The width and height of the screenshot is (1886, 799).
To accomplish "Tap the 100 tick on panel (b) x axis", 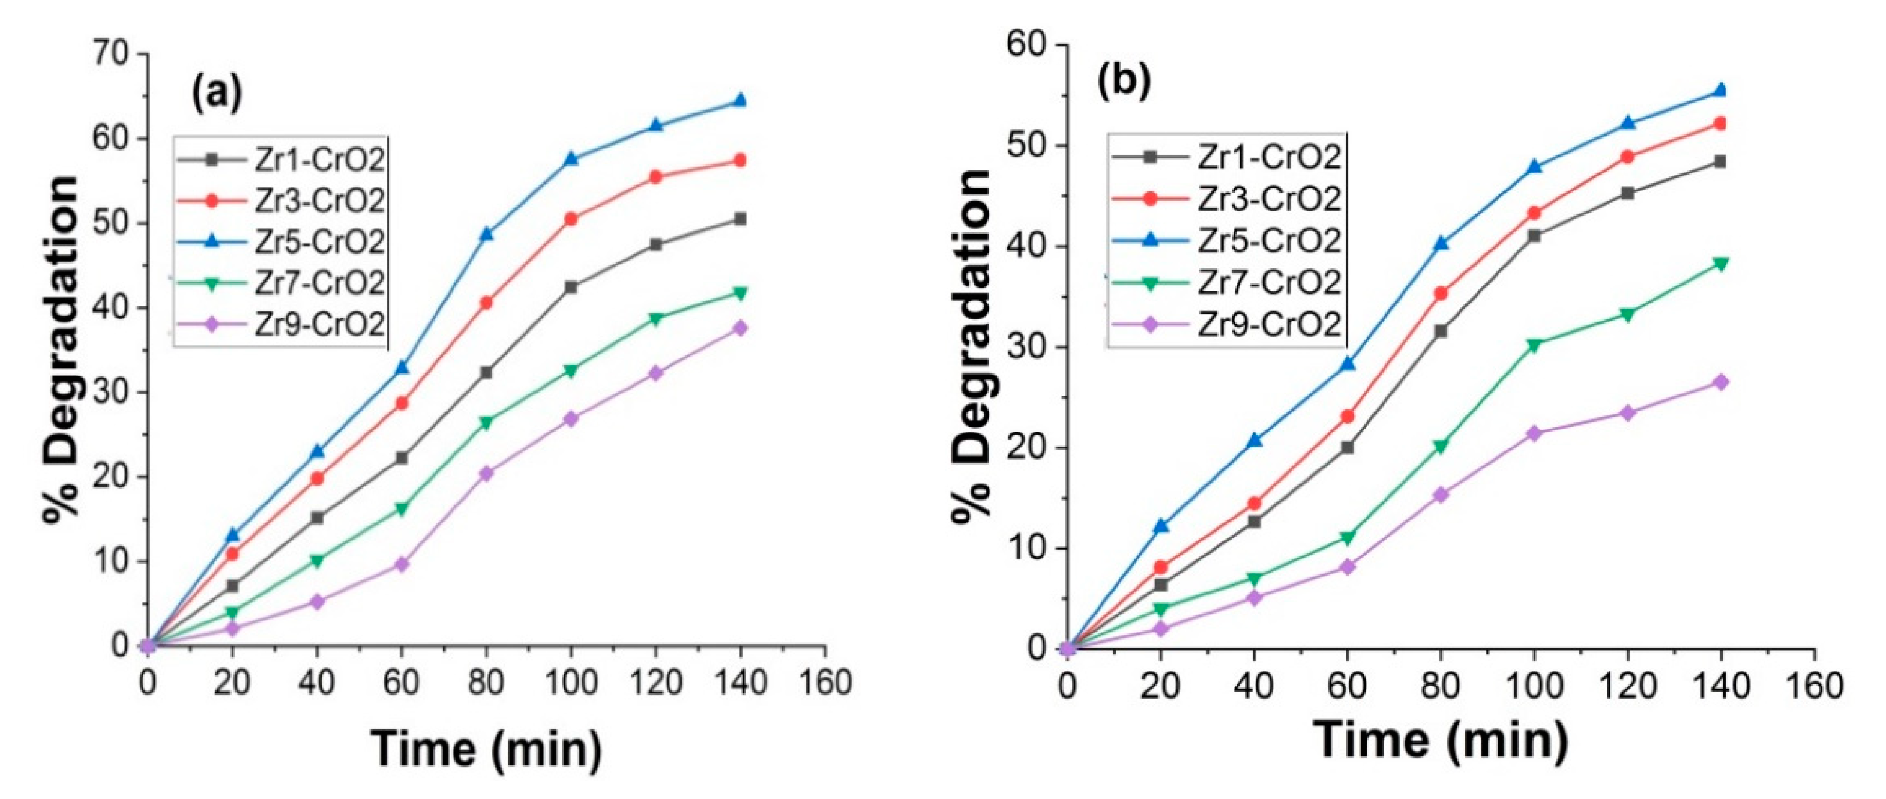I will coord(1534,686).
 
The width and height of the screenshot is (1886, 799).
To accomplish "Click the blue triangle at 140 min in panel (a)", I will coord(740,100).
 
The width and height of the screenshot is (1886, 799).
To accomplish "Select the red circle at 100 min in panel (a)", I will coord(571,219).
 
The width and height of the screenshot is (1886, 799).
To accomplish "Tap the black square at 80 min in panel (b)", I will coord(1441,331).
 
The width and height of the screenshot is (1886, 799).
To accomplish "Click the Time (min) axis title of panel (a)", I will coord(487,749).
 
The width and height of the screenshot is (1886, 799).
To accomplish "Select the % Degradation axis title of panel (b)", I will coord(973,344).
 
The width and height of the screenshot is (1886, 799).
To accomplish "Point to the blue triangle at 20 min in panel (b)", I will coord(1160,526).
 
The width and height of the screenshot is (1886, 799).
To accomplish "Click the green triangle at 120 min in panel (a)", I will coord(656,319).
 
